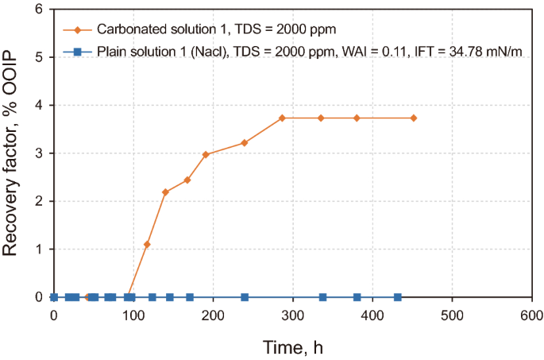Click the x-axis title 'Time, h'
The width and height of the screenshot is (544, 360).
click(x=292, y=346)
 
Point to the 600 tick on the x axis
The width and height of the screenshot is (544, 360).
click(x=531, y=313)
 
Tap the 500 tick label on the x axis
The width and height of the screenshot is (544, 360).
click(x=452, y=313)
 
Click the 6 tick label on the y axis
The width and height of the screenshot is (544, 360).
click(x=38, y=10)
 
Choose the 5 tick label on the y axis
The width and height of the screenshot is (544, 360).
click(x=38, y=57)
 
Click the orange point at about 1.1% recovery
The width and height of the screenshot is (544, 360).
click(x=147, y=244)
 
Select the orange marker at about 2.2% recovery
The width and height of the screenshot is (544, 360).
click(x=165, y=192)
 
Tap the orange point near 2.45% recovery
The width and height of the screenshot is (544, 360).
click(x=187, y=180)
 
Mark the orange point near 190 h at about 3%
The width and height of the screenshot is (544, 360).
click(x=206, y=154)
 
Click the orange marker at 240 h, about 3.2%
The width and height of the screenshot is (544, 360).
click(x=245, y=143)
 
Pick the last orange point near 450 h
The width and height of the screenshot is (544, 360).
click(x=414, y=118)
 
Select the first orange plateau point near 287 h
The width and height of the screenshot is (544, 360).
click(x=283, y=118)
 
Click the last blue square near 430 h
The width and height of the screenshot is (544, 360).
click(x=397, y=297)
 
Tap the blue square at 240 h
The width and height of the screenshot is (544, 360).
click(x=245, y=297)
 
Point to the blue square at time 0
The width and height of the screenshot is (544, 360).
click(x=54, y=297)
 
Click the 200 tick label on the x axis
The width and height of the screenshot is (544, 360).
click(x=213, y=313)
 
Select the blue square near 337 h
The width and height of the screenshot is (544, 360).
click(x=322, y=297)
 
